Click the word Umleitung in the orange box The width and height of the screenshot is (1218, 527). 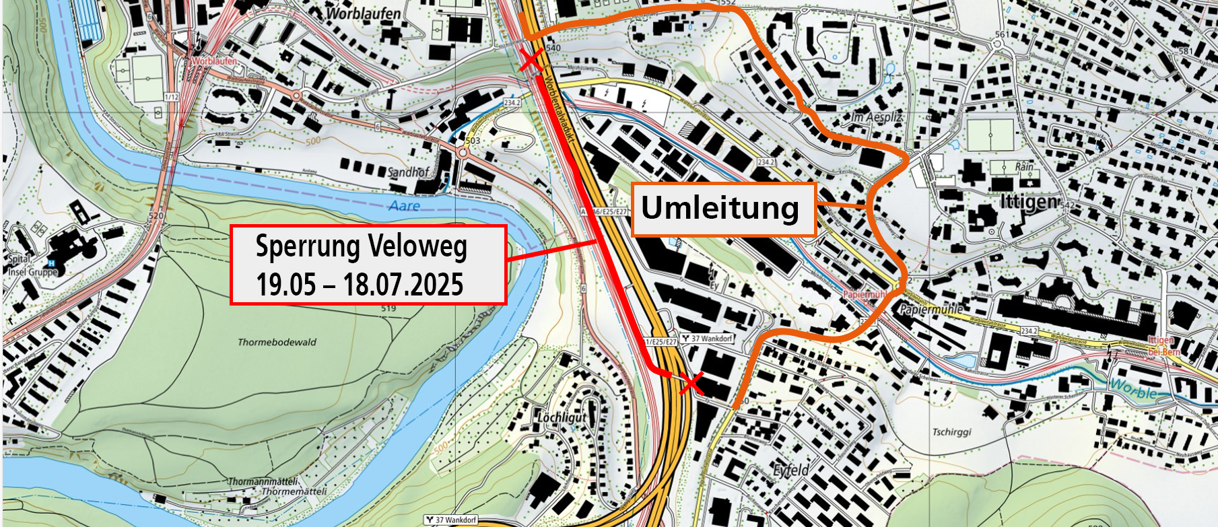pos(720,208)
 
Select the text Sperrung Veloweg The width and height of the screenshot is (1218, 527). pos(361,247)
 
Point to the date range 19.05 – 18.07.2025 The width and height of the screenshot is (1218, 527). pos(360,285)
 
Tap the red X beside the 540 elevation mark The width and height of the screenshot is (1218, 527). pos(532,61)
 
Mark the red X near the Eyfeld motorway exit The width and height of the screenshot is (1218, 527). pos(691,384)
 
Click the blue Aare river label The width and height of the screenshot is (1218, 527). pos(404,205)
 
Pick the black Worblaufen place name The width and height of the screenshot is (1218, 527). pos(363,13)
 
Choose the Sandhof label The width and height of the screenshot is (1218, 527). pos(407,172)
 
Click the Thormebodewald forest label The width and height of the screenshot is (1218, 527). pos(277,342)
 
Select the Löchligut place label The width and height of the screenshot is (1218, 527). pos(562,417)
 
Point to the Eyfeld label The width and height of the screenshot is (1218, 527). pos(791,470)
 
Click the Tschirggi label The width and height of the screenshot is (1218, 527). pos(951,431)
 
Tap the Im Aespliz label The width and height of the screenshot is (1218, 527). pos(877,117)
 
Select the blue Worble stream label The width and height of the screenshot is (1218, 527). pos(1133,388)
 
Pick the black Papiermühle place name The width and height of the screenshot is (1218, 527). pos(931,310)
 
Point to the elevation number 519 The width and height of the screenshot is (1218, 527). pos(388,308)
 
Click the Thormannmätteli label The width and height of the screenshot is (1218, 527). pos(263,481)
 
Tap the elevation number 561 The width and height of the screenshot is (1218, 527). pos(1002,34)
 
